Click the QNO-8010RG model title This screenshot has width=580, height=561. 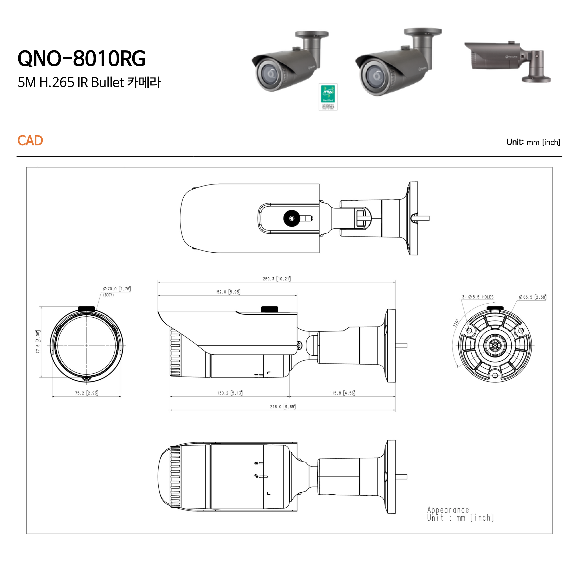click(81, 58)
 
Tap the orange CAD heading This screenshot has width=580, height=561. click(30, 141)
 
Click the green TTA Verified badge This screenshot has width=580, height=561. click(328, 96)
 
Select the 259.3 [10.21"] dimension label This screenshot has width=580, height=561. click(276, 279)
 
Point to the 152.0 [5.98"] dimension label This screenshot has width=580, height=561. click(227, 292)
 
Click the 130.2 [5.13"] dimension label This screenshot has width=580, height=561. click(230, 393)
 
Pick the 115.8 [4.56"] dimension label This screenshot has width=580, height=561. click(342, 393)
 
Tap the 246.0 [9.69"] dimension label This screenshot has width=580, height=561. click(282, 407)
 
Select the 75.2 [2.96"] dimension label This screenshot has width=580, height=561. click(86, 393)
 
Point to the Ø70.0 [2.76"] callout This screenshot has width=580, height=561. click(117, 289)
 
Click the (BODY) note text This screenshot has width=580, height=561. click(108, 295)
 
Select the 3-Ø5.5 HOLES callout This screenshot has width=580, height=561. click(478, 297)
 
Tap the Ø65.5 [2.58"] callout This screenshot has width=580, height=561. click(532, 297)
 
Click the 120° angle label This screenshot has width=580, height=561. click(456, 323)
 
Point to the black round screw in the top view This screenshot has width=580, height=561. click(292, 218)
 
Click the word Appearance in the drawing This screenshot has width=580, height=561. click(448, 510)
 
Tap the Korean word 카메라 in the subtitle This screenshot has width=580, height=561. click(144, 82)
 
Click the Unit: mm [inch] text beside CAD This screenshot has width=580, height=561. click(533, 142)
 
